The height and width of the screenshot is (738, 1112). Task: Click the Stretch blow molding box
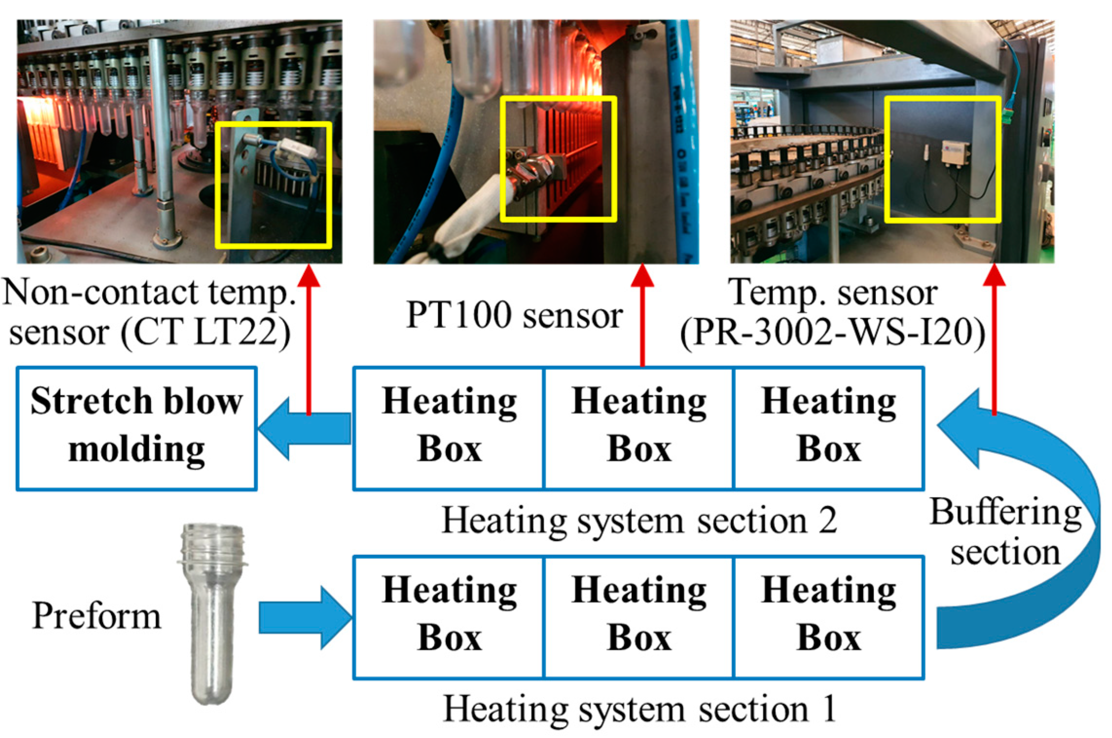tap(136, 428)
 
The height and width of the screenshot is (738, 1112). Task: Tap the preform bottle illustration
tap(212, 613)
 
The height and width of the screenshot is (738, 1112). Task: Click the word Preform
tap(96, 616)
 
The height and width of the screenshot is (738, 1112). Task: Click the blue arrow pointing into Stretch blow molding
tap(306, 428)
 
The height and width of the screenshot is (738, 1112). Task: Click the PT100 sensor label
tap(514, 315)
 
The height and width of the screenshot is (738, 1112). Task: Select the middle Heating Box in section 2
tap(639, 428)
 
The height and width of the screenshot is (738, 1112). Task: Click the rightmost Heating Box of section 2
tap(828, 428)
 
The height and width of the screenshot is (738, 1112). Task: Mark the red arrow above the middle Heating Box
tap(643, 316)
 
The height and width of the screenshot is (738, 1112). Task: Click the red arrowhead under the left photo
tap(308, 276)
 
